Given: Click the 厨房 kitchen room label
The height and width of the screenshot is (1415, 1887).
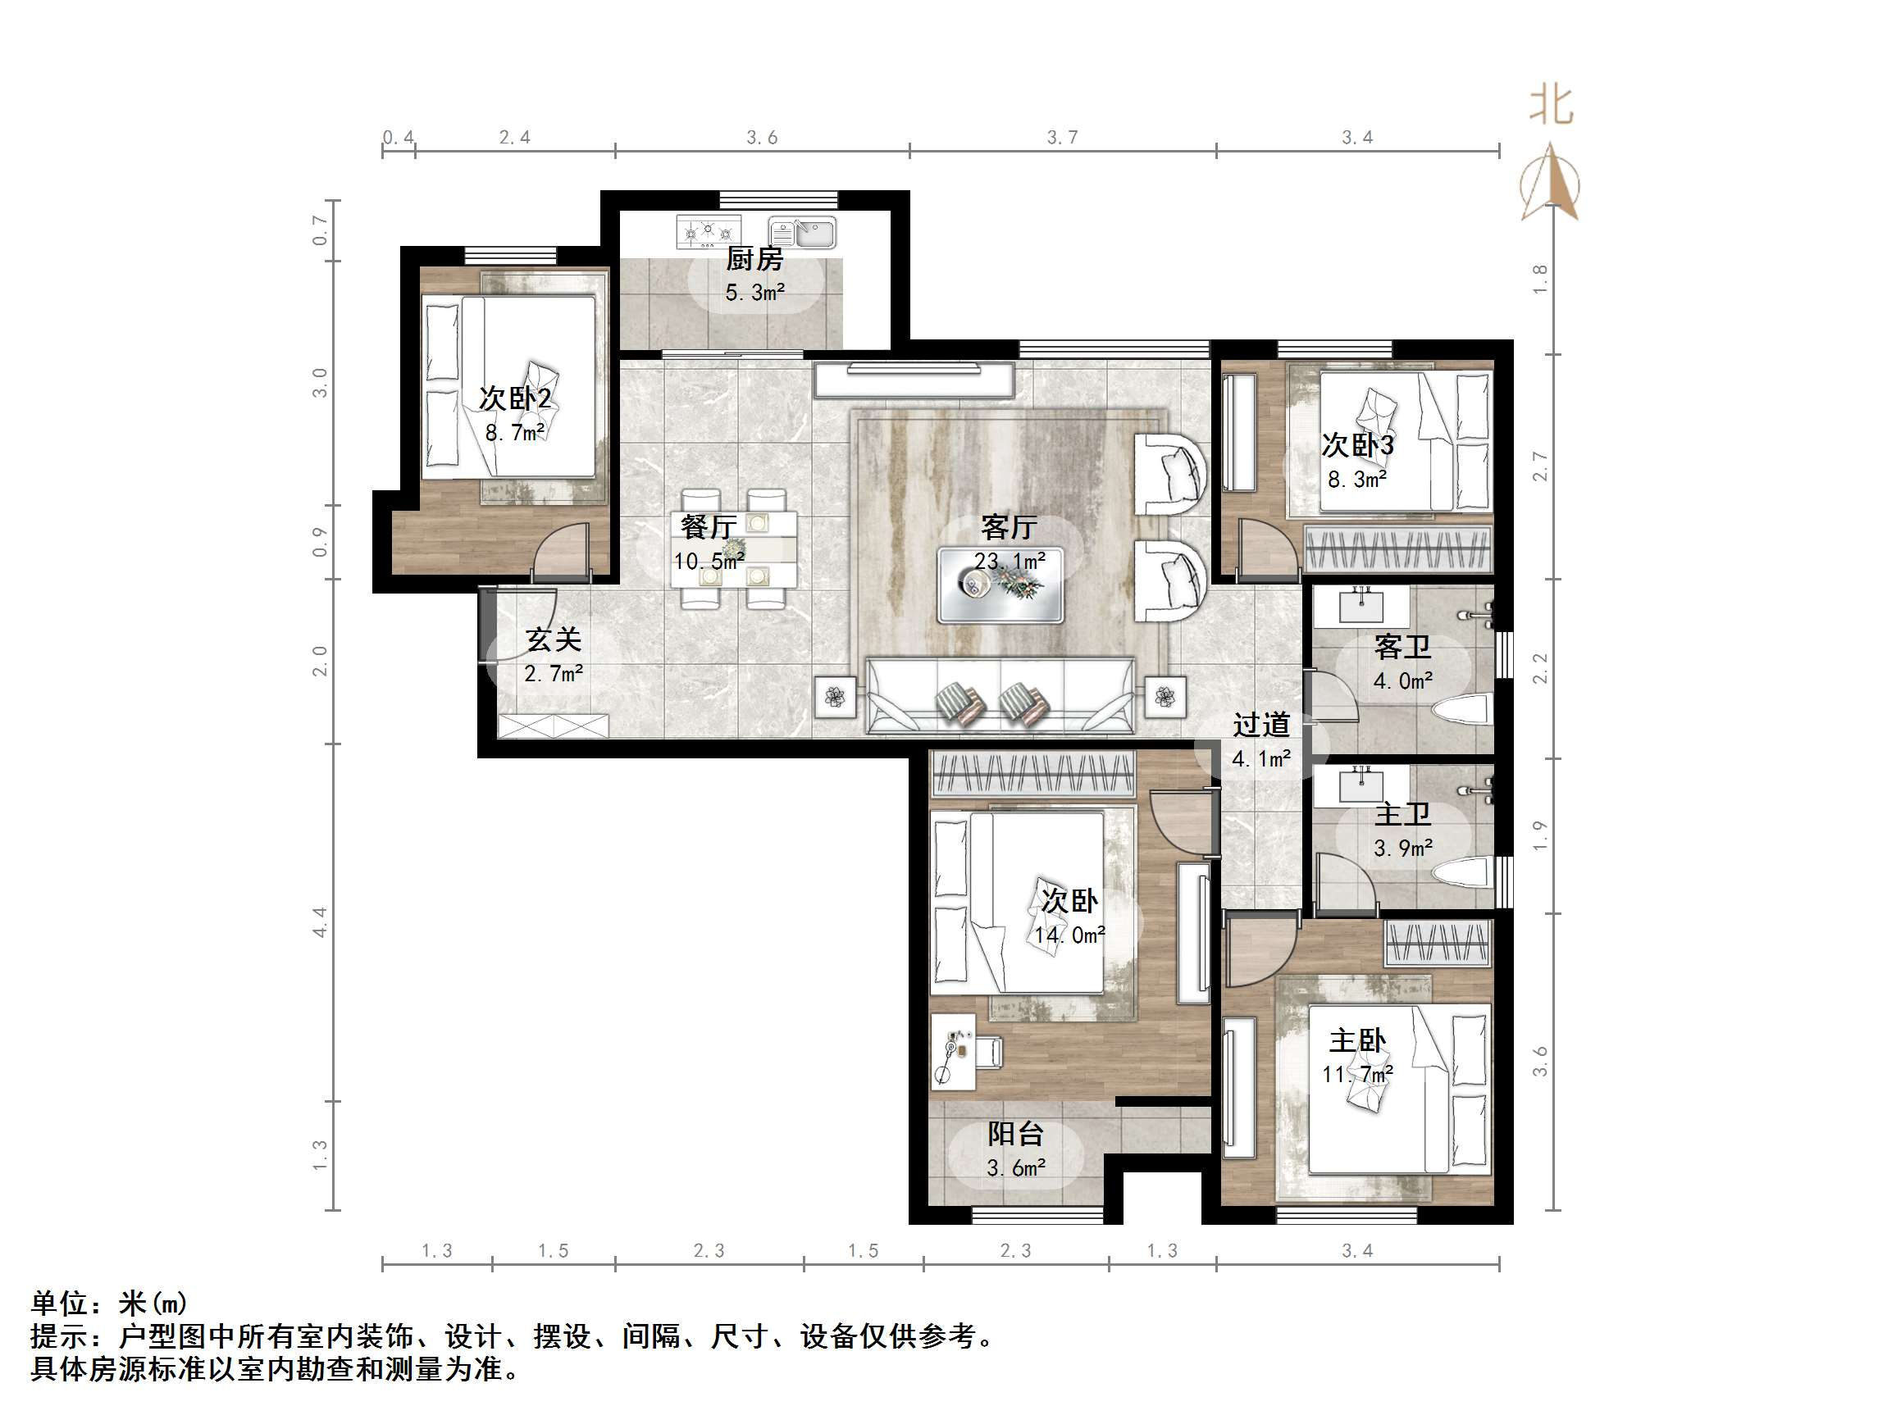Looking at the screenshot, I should pos(754,258).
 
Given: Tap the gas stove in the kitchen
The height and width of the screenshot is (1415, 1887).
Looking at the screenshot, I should pos(708,232).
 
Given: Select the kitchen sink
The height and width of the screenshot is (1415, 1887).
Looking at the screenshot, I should pos(803,232).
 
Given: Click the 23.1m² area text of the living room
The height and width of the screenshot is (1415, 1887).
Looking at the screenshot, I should pos(1010,561).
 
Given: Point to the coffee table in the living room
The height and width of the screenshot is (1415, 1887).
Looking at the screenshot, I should pos(1000,586).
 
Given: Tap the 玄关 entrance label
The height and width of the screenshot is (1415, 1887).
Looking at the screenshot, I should pos(553,639).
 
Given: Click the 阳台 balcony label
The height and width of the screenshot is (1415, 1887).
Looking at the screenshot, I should pos(1015,1134).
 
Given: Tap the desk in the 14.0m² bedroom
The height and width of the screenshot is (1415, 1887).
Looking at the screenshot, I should pos(953,1052).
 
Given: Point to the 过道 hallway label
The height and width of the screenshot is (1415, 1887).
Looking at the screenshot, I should pos(1260,725).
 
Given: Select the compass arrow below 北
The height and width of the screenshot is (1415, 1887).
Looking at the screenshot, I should pos(1551,183).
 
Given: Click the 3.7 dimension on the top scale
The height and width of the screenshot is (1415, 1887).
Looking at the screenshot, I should pos(1062,138).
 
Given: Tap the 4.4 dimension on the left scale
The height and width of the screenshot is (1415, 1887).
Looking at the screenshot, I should pos(320,921).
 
